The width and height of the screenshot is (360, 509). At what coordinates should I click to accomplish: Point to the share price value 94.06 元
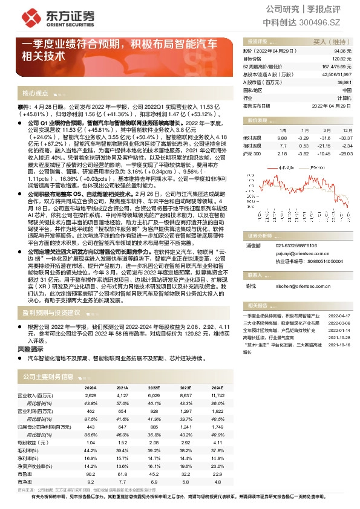(x=342, y=52)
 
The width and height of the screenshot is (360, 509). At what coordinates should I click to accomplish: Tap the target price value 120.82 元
(x=342, y=59)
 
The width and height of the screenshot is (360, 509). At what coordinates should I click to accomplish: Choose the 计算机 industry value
(x=344, y=97)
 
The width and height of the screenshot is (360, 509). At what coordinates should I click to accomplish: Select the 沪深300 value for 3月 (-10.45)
(x=324, y=154)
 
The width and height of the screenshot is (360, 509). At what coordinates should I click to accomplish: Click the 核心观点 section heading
(x=36, y=93)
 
